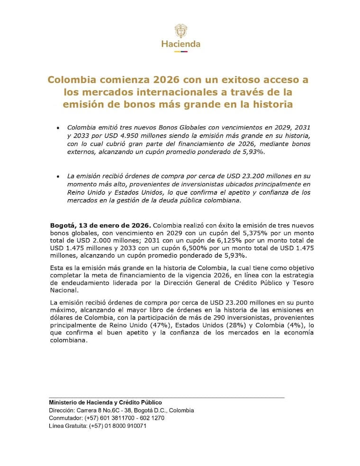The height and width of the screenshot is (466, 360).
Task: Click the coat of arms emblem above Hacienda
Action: click(x=180, y=31)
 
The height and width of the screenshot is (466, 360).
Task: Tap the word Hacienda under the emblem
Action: click(x=180, y=44)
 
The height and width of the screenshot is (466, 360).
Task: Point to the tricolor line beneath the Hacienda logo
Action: click(x=180, y=51)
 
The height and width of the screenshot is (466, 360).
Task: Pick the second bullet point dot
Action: click(x=58, y=176)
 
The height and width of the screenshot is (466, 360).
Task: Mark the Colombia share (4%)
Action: click(x=293, y=325)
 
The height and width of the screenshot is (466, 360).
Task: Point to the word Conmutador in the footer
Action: click(x=65, y=418)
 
